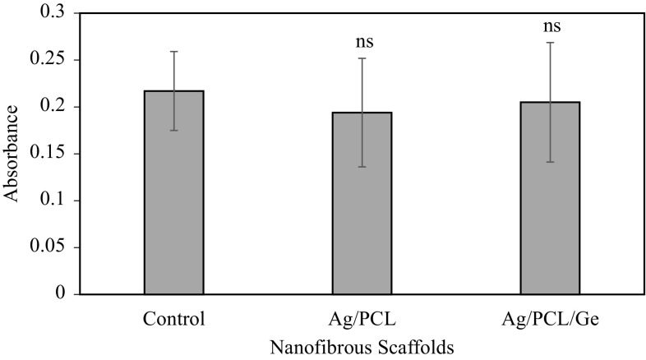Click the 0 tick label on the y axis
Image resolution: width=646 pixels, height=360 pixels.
(x=55, y=294)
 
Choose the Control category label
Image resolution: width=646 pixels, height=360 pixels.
(x=173, y=316)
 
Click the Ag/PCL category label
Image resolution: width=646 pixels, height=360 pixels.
(x=362, y=316)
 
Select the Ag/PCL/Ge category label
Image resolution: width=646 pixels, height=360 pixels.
(x=550, y=316)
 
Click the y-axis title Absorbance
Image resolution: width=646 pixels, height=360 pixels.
(x=12, y=154)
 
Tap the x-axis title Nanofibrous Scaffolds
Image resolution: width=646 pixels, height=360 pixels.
(x=362, y=346)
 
